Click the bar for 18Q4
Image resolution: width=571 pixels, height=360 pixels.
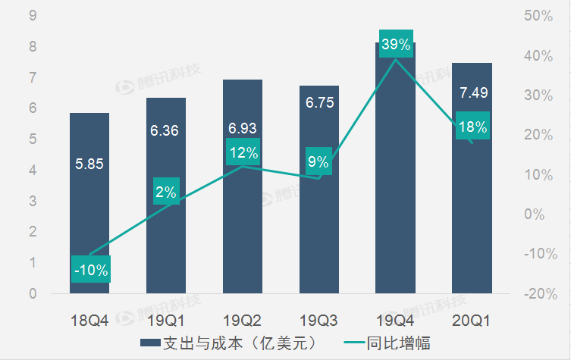point(89,202)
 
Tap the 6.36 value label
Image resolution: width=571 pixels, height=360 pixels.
point(165,130)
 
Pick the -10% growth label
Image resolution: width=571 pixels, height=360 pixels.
point(91,269)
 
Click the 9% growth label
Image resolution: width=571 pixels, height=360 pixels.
point(318,161)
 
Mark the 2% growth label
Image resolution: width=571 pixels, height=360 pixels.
point(166,193)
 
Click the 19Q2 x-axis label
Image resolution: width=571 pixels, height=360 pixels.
point(243,321)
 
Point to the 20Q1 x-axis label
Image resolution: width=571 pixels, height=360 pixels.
point(471,321)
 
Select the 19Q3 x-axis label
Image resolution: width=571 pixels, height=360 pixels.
point(318,321)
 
